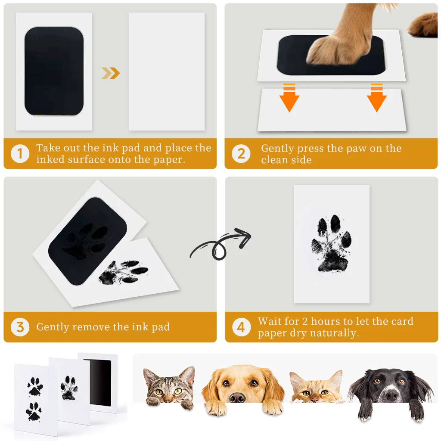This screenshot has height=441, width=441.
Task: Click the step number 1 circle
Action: [x=20, y=154]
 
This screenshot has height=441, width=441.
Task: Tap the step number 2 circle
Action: [x=241, y=154]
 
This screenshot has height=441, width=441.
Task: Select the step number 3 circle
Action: [x=20, y=327]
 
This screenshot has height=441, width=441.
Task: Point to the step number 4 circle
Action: [x=241, y=327]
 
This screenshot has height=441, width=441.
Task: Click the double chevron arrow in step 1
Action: [x=111, y=73]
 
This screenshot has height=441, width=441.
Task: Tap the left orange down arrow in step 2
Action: [x=289, y=98]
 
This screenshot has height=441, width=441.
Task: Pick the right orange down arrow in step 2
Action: [x=376, y=98]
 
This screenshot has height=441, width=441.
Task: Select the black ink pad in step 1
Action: [x=54, y=71]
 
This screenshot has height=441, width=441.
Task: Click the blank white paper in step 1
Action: [x=167, y=71]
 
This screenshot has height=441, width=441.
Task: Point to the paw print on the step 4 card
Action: [x=331, y=244]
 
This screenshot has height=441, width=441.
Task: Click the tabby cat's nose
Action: [x=168, y=398]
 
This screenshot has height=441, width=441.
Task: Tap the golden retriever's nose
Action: [x=238, y=397]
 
